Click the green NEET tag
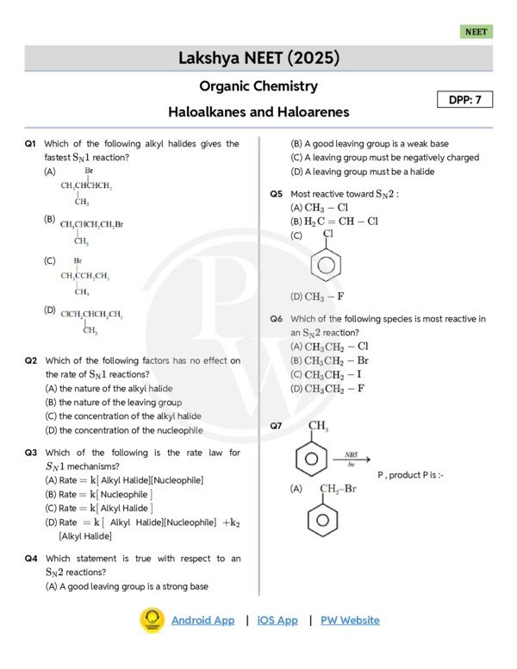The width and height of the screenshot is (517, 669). (476, 32)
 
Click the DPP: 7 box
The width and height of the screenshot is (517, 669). (470, 100)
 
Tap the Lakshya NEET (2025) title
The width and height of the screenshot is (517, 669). (258, 59)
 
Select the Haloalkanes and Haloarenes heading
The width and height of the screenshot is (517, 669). (258, 112)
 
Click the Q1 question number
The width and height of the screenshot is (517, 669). (30, 144)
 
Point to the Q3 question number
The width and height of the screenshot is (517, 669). (30, 453)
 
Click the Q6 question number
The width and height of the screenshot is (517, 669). (276, 319)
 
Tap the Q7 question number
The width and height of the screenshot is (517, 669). (276, 426)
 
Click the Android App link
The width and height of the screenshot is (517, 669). (202, 620)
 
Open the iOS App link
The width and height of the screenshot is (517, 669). (277, 620)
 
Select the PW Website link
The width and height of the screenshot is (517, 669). (350, 620)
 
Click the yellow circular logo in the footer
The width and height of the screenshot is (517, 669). (153, 620)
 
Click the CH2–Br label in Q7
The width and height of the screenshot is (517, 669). (337, 490)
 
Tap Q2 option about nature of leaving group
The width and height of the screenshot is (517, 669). (114, 403)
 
